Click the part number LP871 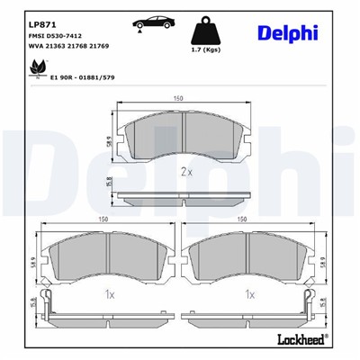(40, 23)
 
